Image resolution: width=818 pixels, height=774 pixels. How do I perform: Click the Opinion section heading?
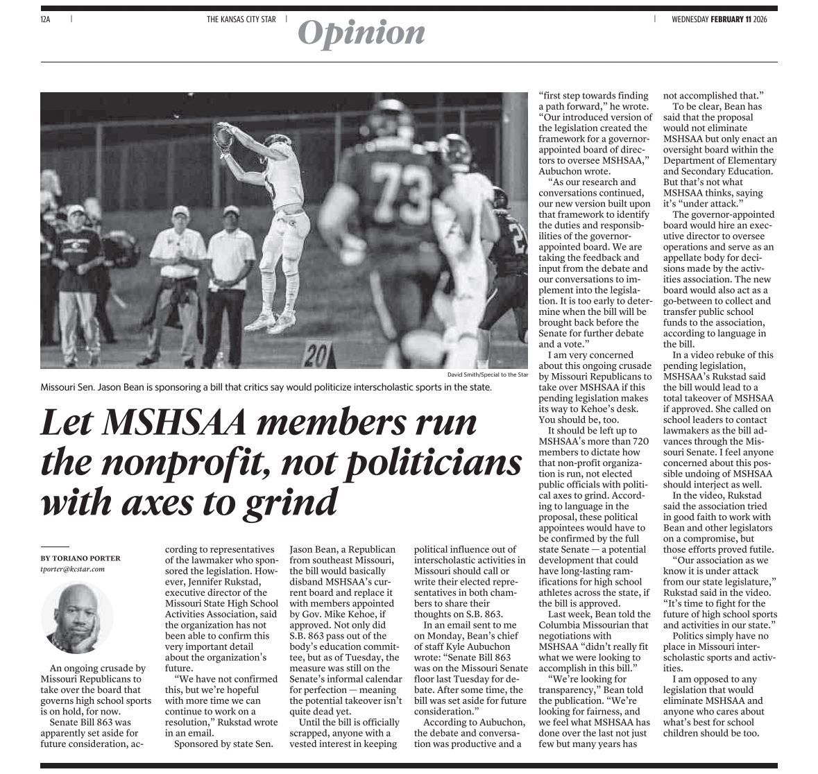[x=361, y=33]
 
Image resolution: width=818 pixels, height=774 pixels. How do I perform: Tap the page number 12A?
[x=46, y=19]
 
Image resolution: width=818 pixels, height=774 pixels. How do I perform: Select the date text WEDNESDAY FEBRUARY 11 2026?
[x=724, y=19]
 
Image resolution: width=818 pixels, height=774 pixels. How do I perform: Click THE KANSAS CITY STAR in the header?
[x=241, y=19]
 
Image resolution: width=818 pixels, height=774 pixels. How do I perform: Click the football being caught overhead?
[x=224, y=137]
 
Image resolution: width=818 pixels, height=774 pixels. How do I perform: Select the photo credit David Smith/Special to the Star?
[x=488, y=375]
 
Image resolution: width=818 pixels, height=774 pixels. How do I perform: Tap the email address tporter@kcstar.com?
[x=72, y=569]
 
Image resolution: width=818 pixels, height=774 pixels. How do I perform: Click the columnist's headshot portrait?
[x=77, y=617]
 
